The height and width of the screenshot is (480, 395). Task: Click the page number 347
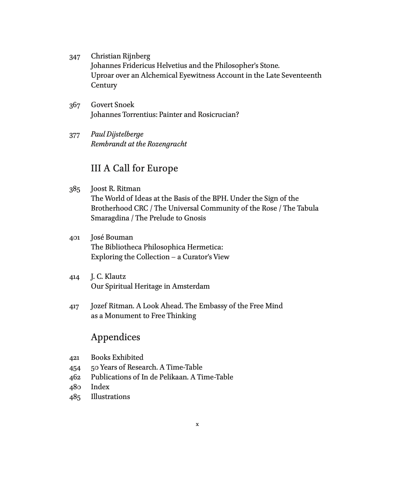(x=74, y=57)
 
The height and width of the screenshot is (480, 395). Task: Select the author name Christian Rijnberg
(x=120, y=56)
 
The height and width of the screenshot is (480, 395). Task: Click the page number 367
(x=74, y=105)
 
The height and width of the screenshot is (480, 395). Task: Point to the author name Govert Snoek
(x=113, y=105)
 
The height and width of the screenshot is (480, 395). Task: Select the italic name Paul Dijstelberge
(x=117, y=134)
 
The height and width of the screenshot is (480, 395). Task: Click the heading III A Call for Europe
(x=134, y=168)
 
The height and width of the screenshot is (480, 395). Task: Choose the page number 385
(x=74, y=189)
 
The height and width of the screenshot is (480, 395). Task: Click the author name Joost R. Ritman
(x=115, y=189)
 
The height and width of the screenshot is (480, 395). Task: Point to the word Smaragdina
(x=110, y=218)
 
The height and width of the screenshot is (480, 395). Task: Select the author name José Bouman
(x=112, y=237)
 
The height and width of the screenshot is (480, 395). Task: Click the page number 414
(x=74, y=277)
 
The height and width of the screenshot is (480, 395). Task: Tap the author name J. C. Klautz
(x=108, y=277)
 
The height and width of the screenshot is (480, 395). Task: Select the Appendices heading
(x=115, y=337)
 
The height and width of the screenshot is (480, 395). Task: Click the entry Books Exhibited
(x=117, y=358)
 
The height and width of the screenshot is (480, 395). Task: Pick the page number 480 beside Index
(x=74, y=387)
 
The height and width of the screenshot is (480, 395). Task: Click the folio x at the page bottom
(x=197, y=424)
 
